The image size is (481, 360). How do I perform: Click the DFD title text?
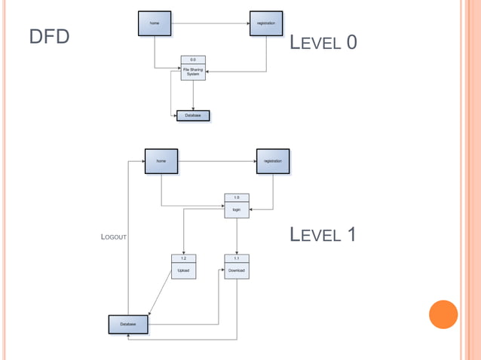(x=49, y=37)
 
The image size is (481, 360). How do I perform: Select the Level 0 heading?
(x=323, y=43)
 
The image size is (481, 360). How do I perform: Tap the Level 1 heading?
(x=323, y=235)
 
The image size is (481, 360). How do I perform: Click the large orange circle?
(x=443, y=314)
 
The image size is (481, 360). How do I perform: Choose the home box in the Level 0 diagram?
(x=155, y=23)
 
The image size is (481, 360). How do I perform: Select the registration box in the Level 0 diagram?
(x=266, y=23)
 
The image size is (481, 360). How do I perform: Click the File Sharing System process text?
(x=193, y=72)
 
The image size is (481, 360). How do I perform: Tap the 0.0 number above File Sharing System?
(x=193, y=59)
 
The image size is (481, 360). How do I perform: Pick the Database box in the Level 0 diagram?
(x=193, y=116)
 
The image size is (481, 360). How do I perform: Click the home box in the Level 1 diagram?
(x=161, y=161)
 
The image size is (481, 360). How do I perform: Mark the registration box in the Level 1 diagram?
(x=273, y=161)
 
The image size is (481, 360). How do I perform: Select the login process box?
(x=237, y=210)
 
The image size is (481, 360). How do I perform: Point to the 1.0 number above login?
(x=237, y=197)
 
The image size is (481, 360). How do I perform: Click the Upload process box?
(x=183, y=270)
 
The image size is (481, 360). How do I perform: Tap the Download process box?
(x=237, y=270)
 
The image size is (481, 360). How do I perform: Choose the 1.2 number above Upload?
(x=183, y=258)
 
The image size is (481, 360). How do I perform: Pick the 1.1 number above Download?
(x=237, y=258)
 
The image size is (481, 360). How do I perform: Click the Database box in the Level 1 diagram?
(x=128, y=325)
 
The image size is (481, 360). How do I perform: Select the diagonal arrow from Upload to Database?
(x=163, y=295)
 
